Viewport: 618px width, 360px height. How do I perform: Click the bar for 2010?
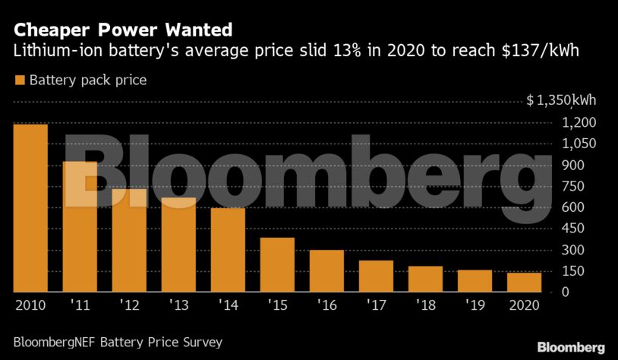click(30, 208)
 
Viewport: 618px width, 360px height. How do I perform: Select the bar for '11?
click(80, 227)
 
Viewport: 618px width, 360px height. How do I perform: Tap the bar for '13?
click(178, 245)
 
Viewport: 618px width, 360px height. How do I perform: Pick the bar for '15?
click(277, 265)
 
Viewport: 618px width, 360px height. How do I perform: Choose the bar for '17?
click(376, 276)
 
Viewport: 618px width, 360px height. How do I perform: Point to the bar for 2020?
click(524, 283)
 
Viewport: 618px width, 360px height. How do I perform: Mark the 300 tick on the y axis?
click(574, 251)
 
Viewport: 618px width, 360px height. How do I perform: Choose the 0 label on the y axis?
click(566, 292)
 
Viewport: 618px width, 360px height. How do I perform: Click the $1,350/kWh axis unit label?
click(561, 102)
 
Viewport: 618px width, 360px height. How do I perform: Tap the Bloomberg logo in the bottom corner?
click(571, 346)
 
